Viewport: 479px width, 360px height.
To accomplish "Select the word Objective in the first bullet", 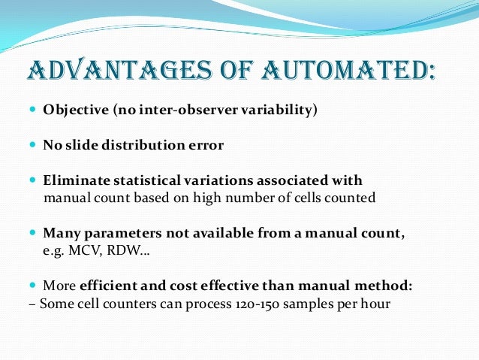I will (75, 110).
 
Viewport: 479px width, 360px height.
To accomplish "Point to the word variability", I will (279, 110).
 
